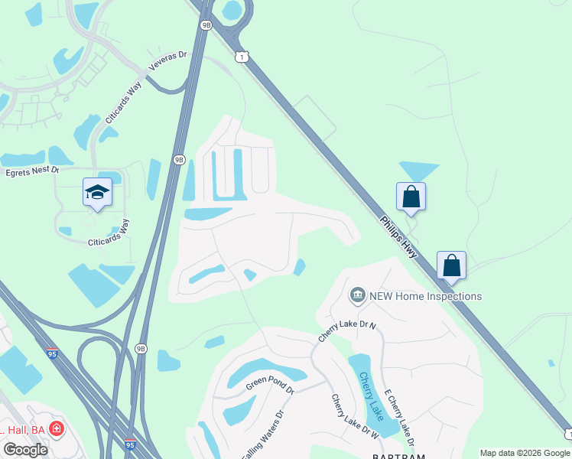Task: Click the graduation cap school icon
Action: (97, 193)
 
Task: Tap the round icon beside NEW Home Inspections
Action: (357, 295)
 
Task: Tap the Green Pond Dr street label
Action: (269, 384)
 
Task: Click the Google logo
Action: (25, 450)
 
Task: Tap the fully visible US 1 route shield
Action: (242, 57)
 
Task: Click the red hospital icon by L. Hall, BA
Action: (56, 429)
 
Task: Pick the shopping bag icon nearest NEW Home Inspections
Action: (452, 265)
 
